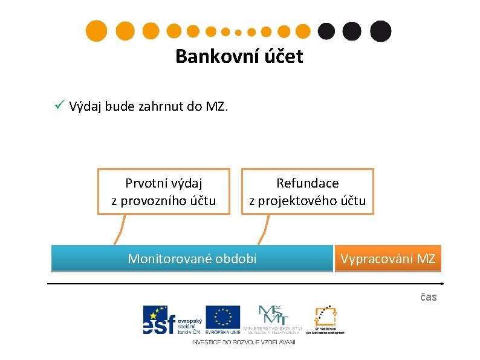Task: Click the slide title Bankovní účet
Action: click(x=239, y=57)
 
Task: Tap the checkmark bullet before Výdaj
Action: click(x=59, y=106)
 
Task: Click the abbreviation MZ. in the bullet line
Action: click(x=217, y=107)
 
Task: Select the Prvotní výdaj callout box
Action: click(x=164, y=191)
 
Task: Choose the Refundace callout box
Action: click(x=308, y=191)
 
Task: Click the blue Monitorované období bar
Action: click(x=192, y=258)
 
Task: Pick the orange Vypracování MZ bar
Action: click(x=388, y=258)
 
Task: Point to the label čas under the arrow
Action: click(x=429, y=297)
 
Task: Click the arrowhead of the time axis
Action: click(x=441, y=283)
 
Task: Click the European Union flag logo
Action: click(x=222, y=320)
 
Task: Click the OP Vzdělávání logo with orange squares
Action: click(x=325, y=319)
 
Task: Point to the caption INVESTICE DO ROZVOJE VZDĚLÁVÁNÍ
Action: click(x=244, y=342)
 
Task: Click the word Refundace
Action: click(x=308, y=183)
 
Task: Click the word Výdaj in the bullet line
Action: click(x=85, y=107)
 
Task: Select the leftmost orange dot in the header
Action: click(x=97, y=30)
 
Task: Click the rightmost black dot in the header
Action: click(x=380, y=30)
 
